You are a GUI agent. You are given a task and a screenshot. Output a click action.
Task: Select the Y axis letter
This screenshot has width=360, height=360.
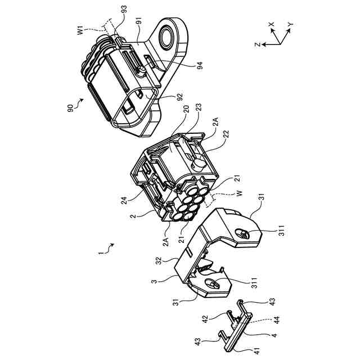coord(290,25)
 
